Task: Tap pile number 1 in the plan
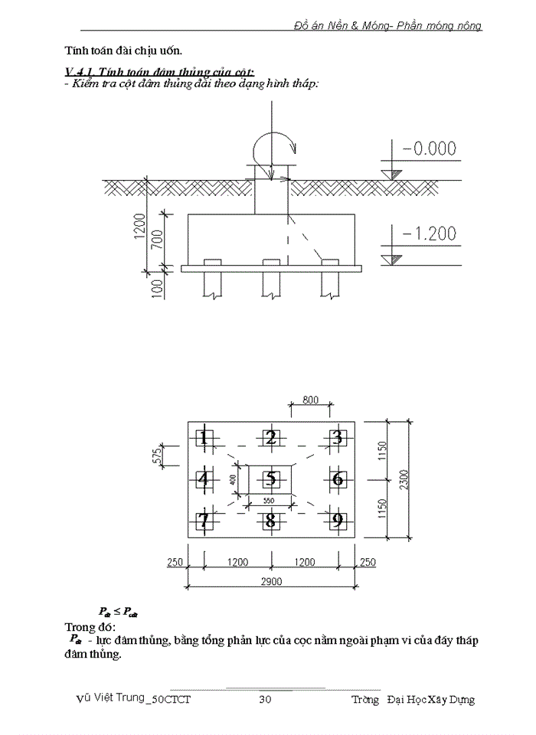pos(203,438)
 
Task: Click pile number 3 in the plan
pos(337,438)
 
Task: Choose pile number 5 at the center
pos(270,479)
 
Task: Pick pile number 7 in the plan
pos(203,521)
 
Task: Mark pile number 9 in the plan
pos(337,521)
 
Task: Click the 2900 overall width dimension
pos(270,582)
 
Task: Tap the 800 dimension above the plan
pos(310,399)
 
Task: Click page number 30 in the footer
pos(266,699)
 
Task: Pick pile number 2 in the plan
pos(270,438)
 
